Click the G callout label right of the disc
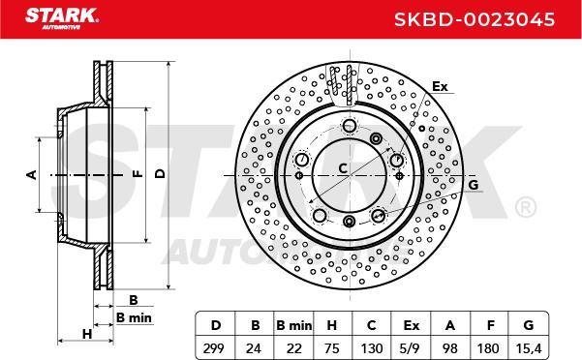click(x=473, y=184)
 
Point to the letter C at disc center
click(x=343, y=169)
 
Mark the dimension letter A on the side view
click(x=30, y=174)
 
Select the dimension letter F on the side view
click(x=136, y=174)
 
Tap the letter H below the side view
click(x=86, y=334)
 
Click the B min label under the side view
click(x=134, y=316)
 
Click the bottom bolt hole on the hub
click(x=349, y=224)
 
